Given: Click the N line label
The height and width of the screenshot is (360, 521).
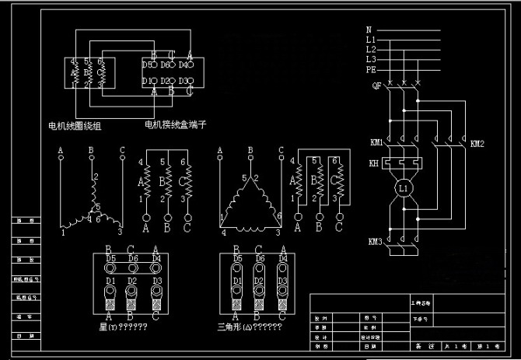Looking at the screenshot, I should pos(369,29).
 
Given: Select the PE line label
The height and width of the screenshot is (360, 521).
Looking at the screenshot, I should pos(371,69).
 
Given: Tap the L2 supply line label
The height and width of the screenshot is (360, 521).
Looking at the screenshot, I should pos(371,48).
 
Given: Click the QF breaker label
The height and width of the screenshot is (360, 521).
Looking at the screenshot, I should pos(376,85).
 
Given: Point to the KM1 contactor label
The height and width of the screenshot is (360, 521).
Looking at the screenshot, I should pos(376,142).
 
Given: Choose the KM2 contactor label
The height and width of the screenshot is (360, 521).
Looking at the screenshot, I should pos(477,144).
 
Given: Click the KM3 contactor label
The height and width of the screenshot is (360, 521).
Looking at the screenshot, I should pos(375,242).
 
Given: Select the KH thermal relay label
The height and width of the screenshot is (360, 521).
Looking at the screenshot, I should pos(375,163).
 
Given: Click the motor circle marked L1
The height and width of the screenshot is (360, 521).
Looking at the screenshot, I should pos(403,189).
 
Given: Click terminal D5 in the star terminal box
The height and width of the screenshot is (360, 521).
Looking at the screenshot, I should pos(110,258).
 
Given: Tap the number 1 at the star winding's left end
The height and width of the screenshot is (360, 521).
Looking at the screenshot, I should pos(63,232).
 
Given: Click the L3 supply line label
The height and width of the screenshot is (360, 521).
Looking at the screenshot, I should pos(371,59).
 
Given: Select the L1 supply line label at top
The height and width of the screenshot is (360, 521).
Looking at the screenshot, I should pos(371,38).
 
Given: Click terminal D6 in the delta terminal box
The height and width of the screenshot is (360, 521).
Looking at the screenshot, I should pos(260,258).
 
